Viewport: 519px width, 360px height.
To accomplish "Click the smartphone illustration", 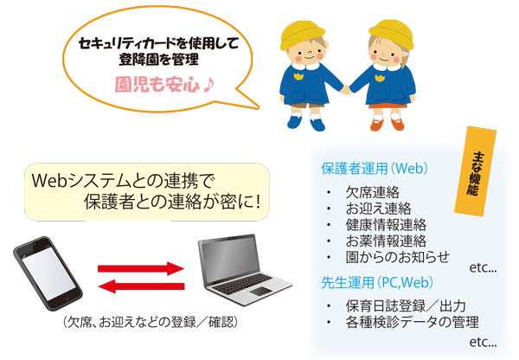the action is coord(48,273).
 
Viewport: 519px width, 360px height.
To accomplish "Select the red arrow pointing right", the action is coord(141,268).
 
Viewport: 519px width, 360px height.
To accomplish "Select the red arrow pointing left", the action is coord(141,286).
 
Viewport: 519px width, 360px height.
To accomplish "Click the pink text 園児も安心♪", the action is coord(164,85).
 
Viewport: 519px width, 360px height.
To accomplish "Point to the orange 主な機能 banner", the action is coord(475,171).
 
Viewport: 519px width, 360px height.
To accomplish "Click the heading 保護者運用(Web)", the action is coord(375,169).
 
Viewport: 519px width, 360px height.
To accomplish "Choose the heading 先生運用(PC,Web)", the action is coord(377,282).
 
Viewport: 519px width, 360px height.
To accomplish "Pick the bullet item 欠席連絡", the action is coord(372,192).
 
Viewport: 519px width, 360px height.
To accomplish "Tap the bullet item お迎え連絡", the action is coord(378,209).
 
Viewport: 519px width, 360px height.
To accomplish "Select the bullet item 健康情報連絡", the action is coord(386,224).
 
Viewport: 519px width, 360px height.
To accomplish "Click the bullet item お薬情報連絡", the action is coord(386,241).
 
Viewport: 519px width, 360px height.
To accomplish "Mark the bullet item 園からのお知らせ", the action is coord(398,257).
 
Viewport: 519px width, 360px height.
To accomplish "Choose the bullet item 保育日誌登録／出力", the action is coord(406,306).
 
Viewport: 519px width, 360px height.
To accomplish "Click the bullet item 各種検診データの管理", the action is coord(412,322).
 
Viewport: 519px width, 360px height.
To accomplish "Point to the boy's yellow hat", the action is coord(302,35).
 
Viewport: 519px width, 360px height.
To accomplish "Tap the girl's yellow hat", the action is coord(392,33).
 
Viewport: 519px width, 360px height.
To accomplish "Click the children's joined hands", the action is coord(346,89).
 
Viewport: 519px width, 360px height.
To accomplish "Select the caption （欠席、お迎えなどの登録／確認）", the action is coord(151,322).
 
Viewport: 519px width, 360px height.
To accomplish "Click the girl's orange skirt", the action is coord(388,106).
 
